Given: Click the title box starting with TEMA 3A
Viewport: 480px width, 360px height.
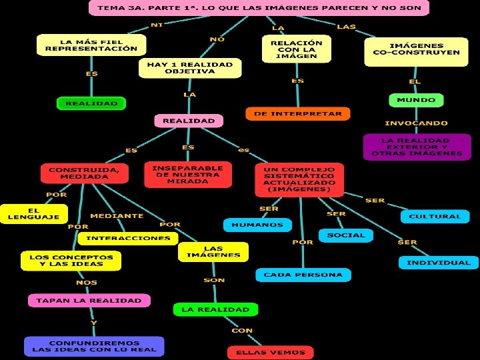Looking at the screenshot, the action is (259, 8).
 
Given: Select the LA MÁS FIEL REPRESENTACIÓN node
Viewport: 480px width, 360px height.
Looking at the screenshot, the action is (92, 45).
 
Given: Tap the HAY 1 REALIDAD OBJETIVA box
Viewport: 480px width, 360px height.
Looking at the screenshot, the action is (189, 67).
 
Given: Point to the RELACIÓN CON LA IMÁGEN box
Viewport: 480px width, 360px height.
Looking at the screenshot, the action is (296, 49).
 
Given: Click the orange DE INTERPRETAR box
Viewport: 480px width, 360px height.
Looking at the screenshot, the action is (297, 114).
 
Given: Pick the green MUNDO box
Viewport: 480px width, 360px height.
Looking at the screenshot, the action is (415, 100).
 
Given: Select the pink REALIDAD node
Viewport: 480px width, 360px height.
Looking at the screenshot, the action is (189, 121).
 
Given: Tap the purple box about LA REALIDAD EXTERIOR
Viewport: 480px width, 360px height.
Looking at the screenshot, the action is (416, 147).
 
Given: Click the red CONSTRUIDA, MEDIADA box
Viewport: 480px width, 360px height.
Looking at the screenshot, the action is (84, 173).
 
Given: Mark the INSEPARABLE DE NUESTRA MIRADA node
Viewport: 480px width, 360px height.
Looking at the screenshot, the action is (187, 173).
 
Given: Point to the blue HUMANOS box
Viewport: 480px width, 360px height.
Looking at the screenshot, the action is (257, 225).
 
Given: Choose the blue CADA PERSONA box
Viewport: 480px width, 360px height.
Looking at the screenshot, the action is (303, 275).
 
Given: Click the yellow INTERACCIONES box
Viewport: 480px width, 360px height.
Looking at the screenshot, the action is (128, 238).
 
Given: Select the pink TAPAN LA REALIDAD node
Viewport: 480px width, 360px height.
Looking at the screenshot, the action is (89, 301).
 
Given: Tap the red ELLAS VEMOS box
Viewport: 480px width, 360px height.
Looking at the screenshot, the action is (270, 353).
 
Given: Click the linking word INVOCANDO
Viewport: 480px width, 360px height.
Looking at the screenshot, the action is (416, 123).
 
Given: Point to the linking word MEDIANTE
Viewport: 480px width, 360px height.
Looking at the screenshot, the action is (117, 216).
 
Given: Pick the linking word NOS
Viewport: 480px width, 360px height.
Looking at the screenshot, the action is (87, 283).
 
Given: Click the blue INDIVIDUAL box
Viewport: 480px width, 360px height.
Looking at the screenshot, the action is (438, 263).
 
